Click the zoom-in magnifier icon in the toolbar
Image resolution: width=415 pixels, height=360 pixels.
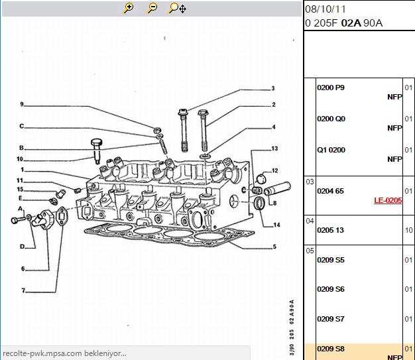128,8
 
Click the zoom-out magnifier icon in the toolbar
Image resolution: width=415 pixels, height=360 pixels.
152,8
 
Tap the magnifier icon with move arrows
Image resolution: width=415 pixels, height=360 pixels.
177,8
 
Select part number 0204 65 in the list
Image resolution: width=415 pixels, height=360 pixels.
330,191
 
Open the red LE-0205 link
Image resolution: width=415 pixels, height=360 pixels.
388,200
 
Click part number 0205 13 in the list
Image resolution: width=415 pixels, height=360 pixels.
330,230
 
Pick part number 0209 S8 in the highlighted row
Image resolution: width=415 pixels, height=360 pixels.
331,349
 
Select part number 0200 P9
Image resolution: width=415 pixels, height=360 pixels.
331,88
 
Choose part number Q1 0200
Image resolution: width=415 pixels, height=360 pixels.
331,150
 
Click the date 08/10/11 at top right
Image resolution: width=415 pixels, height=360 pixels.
326,9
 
